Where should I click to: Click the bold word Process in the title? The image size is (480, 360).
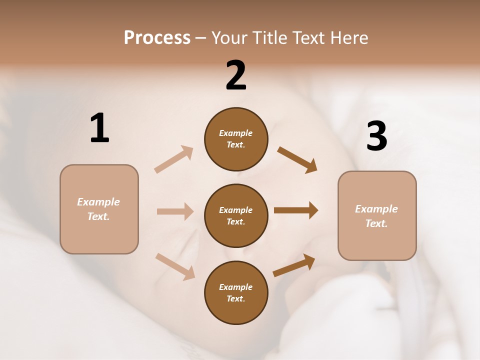tap(157, 38)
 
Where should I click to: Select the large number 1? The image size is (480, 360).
tap(99, 128)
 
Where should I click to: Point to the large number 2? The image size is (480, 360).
tap(236, 75)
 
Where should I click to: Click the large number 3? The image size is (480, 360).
tap(376, 136)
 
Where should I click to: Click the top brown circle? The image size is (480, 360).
tap(236, 139)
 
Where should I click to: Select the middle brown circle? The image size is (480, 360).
tap(236, 215)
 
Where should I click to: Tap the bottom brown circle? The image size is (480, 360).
tap(236, 292)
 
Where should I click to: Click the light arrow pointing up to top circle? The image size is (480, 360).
tap(174, 159)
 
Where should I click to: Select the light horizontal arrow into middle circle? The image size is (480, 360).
tap(175, 211)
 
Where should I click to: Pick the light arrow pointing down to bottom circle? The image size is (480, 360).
tap(175, 266)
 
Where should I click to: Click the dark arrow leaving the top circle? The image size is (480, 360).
tap(297, 159)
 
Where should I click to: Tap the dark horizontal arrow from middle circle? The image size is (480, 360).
tap(296, 210)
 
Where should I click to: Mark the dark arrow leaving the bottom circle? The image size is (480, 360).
tap(294, 265)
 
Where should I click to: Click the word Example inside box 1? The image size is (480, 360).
tap(98, 202)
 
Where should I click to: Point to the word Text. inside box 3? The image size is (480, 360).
tap(376, 223)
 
